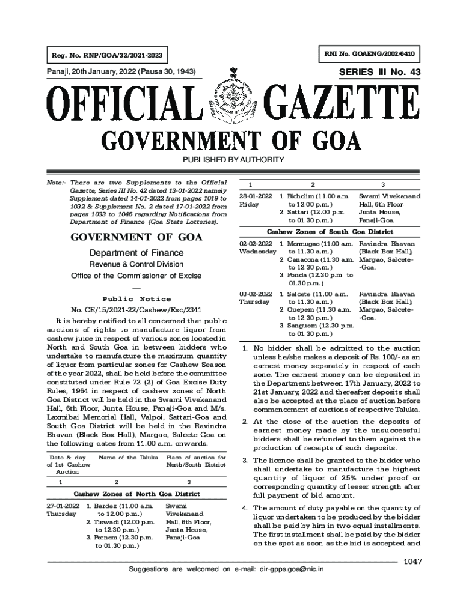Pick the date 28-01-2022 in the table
coord(256,196)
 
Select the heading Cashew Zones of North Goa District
coord(136,494)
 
